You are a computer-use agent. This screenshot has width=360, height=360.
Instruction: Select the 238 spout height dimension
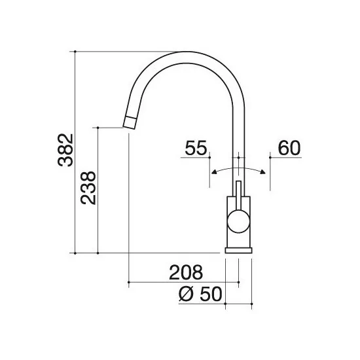(89, 188)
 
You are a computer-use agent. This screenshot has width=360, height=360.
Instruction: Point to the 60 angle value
(289, 148)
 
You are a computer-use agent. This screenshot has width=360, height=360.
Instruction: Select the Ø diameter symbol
(186, 296)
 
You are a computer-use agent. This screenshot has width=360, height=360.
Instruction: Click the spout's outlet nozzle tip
(130, 121)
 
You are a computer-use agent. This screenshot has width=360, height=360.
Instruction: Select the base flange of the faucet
(239, 249)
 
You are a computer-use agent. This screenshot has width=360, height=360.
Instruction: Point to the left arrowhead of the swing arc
(211, 172)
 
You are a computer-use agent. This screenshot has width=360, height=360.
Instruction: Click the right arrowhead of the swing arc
(263, 172)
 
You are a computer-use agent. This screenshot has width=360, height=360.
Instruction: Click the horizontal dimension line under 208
(183, 283)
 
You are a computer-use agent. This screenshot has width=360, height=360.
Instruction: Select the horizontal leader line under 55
(194, 157)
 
